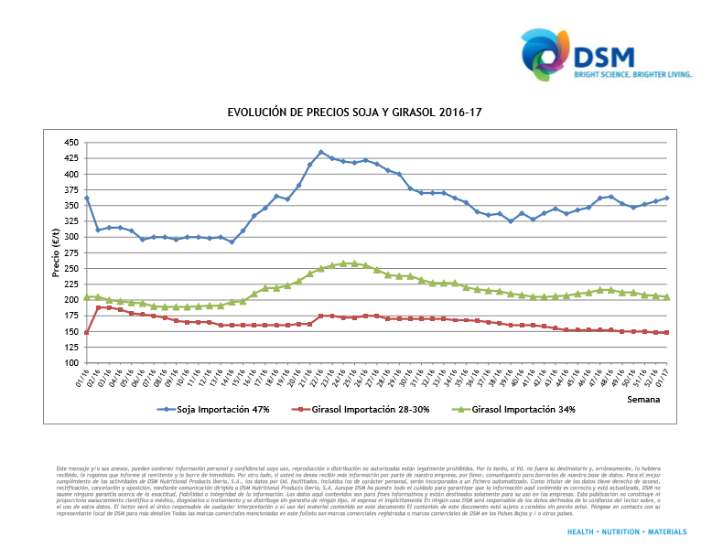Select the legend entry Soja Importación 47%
(215, 409)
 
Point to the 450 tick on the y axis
(71, 143)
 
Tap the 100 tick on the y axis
(71, 363)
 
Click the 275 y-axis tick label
(71, 252)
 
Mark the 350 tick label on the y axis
(71, 206)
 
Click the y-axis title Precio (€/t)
(56, 253)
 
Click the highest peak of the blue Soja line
(321, 152)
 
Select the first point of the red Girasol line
(87, 332)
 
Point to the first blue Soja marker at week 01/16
(87, 198)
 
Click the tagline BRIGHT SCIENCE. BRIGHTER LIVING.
(633, 74)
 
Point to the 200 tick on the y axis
(71, 300)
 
